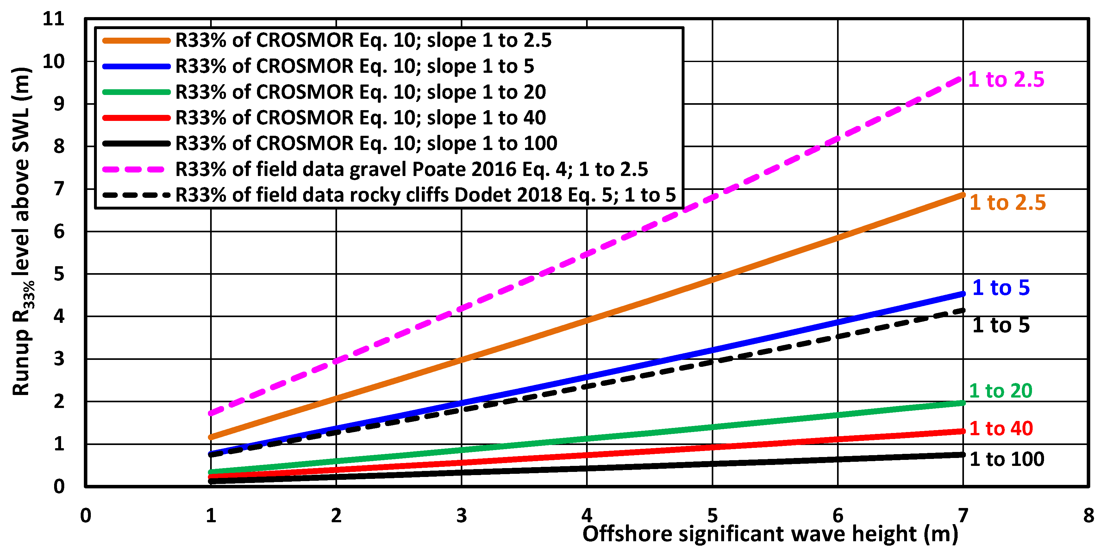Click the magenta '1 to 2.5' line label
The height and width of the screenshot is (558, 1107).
tap(1006, 79)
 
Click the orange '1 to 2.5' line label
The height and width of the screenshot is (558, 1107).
tap(1007, 203)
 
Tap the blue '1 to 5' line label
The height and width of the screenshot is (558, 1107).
tap(1001, 288)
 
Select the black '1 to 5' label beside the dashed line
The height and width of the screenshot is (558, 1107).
tap(1001, 325)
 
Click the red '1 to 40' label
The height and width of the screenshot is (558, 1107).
tap(1001, 429)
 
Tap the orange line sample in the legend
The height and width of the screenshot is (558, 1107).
tap(136, 41)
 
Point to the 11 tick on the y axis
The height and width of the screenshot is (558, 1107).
tap(54, 19)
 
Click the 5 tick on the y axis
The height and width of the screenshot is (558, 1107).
tap(59, 274)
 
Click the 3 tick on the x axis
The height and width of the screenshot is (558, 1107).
tap(461, 515)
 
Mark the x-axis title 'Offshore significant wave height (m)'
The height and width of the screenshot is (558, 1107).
tap(770, 534)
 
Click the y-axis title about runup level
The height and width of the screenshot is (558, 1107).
tap(22, 232)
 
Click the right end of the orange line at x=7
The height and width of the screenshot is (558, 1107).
tap(963, 195)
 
